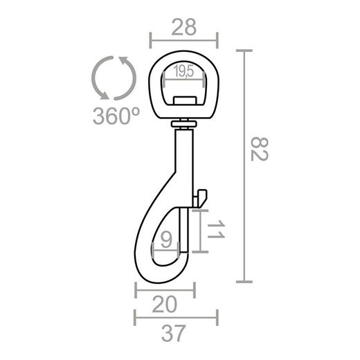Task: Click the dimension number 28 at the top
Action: (x=183, y=27)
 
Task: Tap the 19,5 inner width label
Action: (x=184, y=71)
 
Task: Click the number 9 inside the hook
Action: (x=165, y=240)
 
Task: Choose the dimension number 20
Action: (x=164, y=303)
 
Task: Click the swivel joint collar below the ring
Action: (x=184, y=124)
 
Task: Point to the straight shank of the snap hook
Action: (x=184, y=159)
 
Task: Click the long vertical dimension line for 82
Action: (x=243, y=166)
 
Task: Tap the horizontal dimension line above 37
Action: (x=175, y=319)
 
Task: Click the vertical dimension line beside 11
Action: (x=201, y=231)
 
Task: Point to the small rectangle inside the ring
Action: (x=184, y=100)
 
